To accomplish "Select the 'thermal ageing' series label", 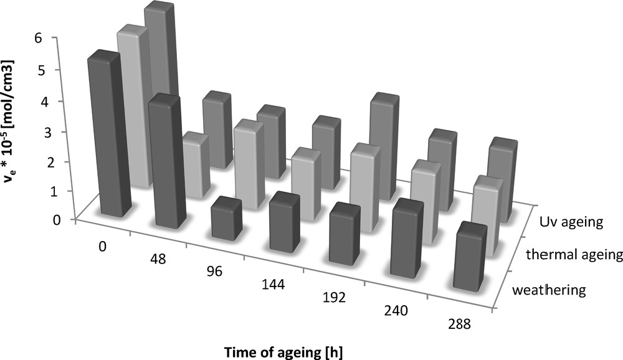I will pos(573,254).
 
